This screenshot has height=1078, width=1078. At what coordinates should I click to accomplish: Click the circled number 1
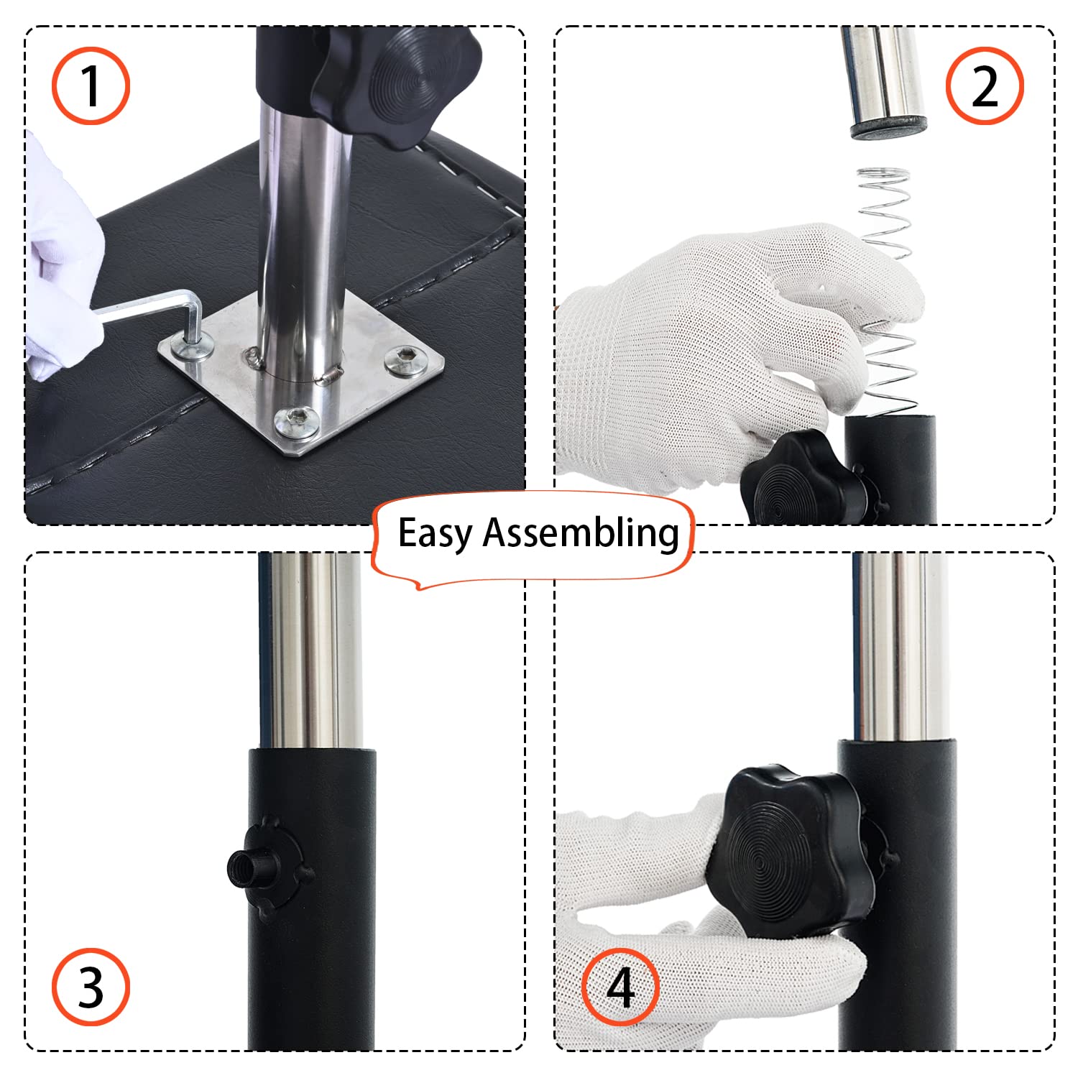click(91, 86)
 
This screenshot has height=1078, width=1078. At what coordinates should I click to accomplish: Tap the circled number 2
click(985, 86)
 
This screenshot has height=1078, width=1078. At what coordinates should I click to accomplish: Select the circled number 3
click(91, 987)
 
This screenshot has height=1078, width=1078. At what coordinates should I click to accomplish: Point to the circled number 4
click(620, 987)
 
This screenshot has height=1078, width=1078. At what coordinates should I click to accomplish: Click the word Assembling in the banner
click(581, 533)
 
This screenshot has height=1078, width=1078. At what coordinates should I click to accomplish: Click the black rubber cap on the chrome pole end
click(888, 128)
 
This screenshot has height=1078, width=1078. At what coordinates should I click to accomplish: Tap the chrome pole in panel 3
click(310, 650)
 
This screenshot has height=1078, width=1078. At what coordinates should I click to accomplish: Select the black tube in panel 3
click(313, 899)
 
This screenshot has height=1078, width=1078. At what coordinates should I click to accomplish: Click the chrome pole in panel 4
click(900, 647)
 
